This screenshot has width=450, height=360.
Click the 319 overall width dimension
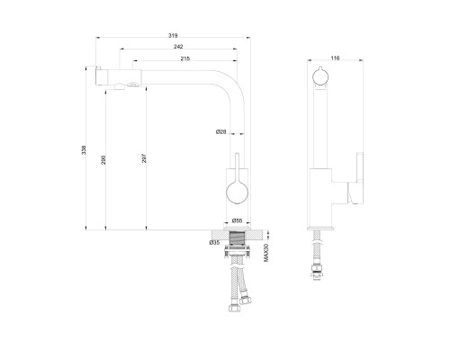pyautogui.click(x=173, y=35)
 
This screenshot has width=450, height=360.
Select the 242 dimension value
pyautogui.click(x=178, y=47)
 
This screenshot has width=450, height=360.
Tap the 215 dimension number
pyautogui.click(x=185, y=58)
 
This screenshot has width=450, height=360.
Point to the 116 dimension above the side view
pyautogui.click(x=335, y=58)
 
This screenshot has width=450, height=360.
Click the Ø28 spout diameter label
pyautogui.click(x=221, y=131)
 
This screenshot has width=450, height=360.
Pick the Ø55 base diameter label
pyautogui.click(x=237, y=220)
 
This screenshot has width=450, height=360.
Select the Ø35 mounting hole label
pyautogui.click(x=214, y=243)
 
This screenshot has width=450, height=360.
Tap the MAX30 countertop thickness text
pyautogui.click(x=265, y=253)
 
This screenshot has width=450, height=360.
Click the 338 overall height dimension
pyautogui.click(x=84, y=150)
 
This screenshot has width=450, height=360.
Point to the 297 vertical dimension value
pyautogui.click(x=144, y=158)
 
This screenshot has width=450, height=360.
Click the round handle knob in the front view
pyautogui.click(x=237, y=193)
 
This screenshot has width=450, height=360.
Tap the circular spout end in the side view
pyautogui.click(x=320, y=76)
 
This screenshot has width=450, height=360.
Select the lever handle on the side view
pyautogui.click(x=355, y=178)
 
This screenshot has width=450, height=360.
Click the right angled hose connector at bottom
pyautogui.click(x=246, y=300)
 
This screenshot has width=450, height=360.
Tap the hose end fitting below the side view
pyautogui.click(x=317, y=272)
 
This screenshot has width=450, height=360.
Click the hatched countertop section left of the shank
pyautogui.click(x=220, y=235)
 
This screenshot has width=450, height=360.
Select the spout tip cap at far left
pyautogui.click(x=98, y=76)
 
